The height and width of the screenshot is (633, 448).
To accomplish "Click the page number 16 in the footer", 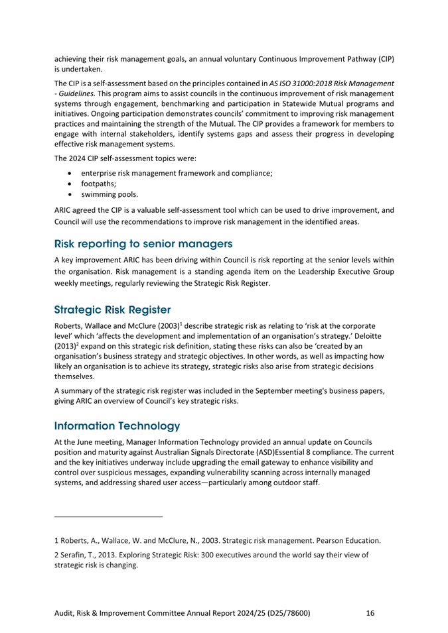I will (371, 613).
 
